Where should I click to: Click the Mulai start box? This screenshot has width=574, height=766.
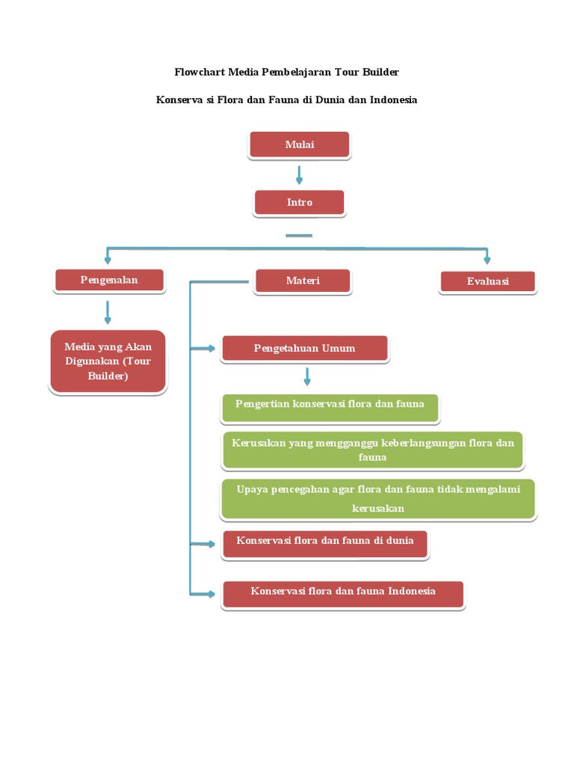click(x=299, y=145)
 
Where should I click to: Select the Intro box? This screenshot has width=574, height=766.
click(x=299, y=203)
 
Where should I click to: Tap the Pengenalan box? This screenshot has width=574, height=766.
click(x=109, y=281)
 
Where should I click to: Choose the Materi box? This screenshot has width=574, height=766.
click(x=302, y=281)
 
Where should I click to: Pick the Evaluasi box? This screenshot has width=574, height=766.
click(x=487, y=281)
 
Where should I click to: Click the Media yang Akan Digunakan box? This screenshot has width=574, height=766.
click(x=108, y=361)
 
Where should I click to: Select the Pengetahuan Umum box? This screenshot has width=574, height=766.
click(x=304, y=349)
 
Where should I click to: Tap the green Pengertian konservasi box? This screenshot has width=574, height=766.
click(x=330, y=405)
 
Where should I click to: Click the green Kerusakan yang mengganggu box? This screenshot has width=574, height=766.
click(x=372, y=450)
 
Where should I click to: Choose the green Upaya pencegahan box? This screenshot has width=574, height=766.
click(x=377, y=499)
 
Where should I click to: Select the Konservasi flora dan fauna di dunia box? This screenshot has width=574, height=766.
click(x=325, y=544)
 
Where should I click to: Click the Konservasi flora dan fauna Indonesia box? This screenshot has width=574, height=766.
click(x=342, y=594)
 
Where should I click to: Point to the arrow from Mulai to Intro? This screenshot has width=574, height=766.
click(x=299, y=175)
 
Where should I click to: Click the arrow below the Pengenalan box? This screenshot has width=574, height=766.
click(x=108, y=312)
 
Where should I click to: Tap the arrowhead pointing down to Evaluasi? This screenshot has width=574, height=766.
click(x=487, y=259)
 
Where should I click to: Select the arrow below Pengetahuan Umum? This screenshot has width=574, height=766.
click(x=306, y=376)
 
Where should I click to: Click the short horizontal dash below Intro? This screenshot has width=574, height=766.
click(x=299, y=236)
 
